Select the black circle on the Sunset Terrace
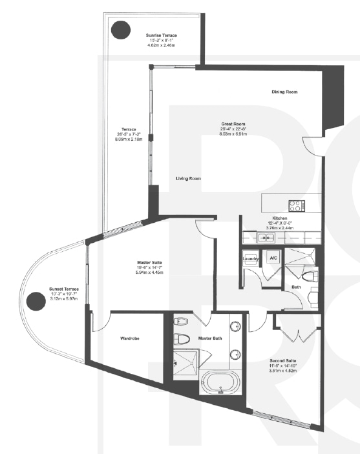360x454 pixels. pos(35,300)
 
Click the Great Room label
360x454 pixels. pos(233,124)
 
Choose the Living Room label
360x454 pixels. pos(188,178)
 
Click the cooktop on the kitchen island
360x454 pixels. pos(296,206)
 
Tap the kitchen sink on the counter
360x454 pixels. pos(267,238)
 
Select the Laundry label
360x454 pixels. pos(251,259)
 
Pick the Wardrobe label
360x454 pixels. pos(131,338)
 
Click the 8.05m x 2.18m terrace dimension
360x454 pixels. pos(128,139)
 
